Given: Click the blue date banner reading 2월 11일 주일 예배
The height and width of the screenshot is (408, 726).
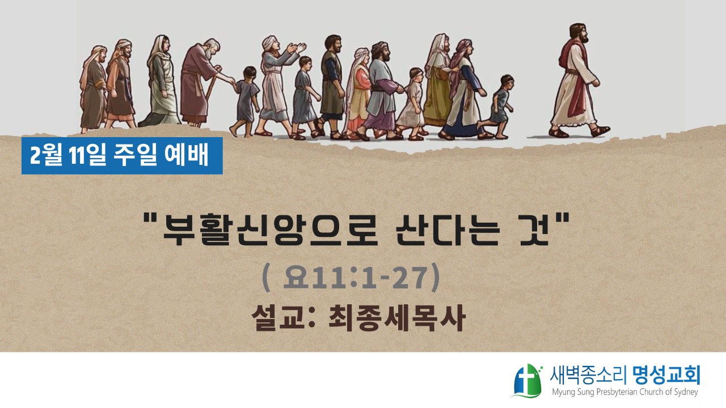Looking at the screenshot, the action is pos(122,156).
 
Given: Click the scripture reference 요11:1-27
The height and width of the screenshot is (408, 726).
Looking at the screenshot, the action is pos(358,278).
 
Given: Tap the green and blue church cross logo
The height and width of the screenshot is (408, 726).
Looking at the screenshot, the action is pos(527,381).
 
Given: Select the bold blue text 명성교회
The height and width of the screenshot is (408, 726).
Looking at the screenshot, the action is pos(666,376).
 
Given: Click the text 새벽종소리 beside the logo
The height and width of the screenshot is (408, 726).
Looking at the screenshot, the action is pos(587,376).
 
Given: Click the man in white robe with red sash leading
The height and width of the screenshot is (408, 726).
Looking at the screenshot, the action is pos(576,80).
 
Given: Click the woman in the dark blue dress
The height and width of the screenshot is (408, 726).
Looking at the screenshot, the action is pos(464,91).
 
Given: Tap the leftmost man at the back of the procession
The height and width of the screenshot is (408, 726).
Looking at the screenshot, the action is pos(94,89).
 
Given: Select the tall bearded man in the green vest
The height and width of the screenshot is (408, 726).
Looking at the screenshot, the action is pos(332,86).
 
